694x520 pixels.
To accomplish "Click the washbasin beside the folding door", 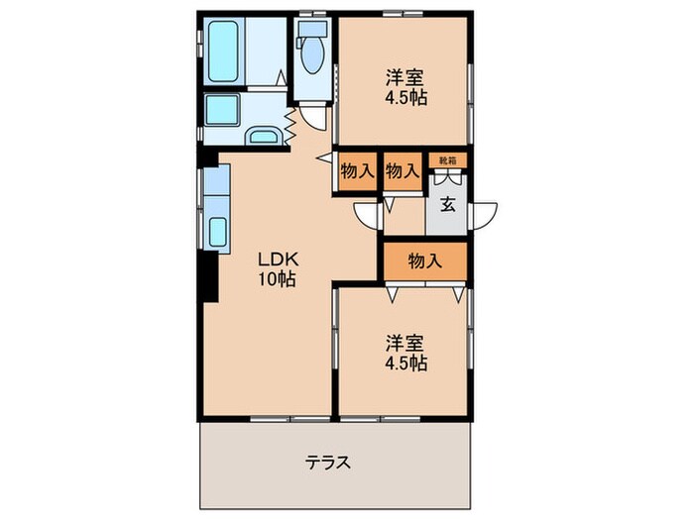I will pyautogui.click(x=264, y=137).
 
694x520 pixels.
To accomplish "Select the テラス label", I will pyautogui.click(x=328, y=463).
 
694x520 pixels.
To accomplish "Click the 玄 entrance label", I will pyautogui.click(x=448, y=206).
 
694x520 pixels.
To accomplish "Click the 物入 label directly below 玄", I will pyautogui.click(x=424, y=260).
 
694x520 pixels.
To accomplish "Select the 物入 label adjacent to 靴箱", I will pyautogui.click(x=402, y=170).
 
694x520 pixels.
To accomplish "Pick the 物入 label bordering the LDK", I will pyautogui.click(x=357, y=170).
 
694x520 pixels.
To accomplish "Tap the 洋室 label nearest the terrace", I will pyautogui.click(x=405, y=344).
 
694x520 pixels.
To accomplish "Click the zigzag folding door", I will pyautogui.click(x=290, y=125).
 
